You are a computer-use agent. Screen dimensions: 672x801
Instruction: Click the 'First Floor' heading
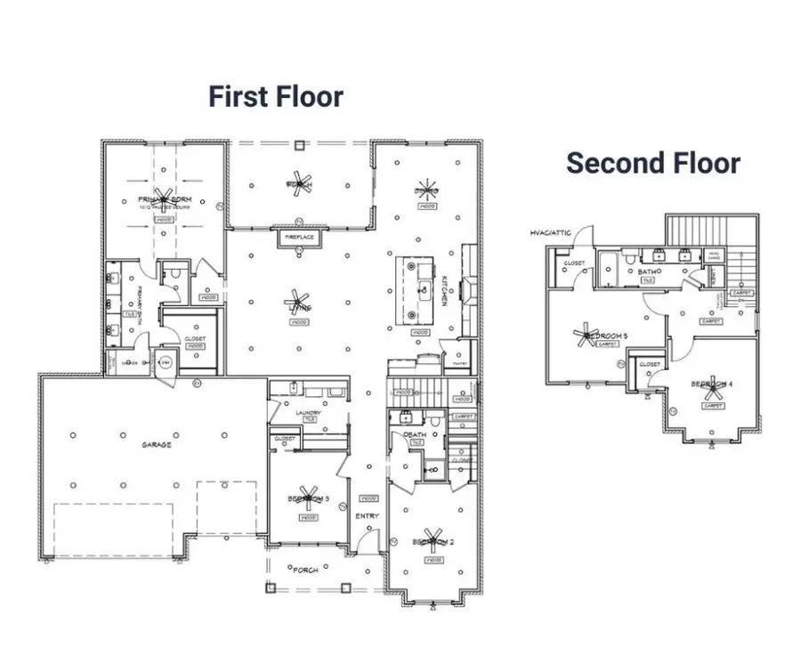(276, 96)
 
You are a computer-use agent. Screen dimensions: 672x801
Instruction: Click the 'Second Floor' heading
(653, 163)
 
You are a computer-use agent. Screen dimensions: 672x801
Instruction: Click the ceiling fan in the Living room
(297, 305)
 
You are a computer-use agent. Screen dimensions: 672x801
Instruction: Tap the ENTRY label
(367, 516)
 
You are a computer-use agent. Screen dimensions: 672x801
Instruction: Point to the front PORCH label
(304, 570)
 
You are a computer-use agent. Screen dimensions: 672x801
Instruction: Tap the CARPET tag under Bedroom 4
(713, 406)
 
